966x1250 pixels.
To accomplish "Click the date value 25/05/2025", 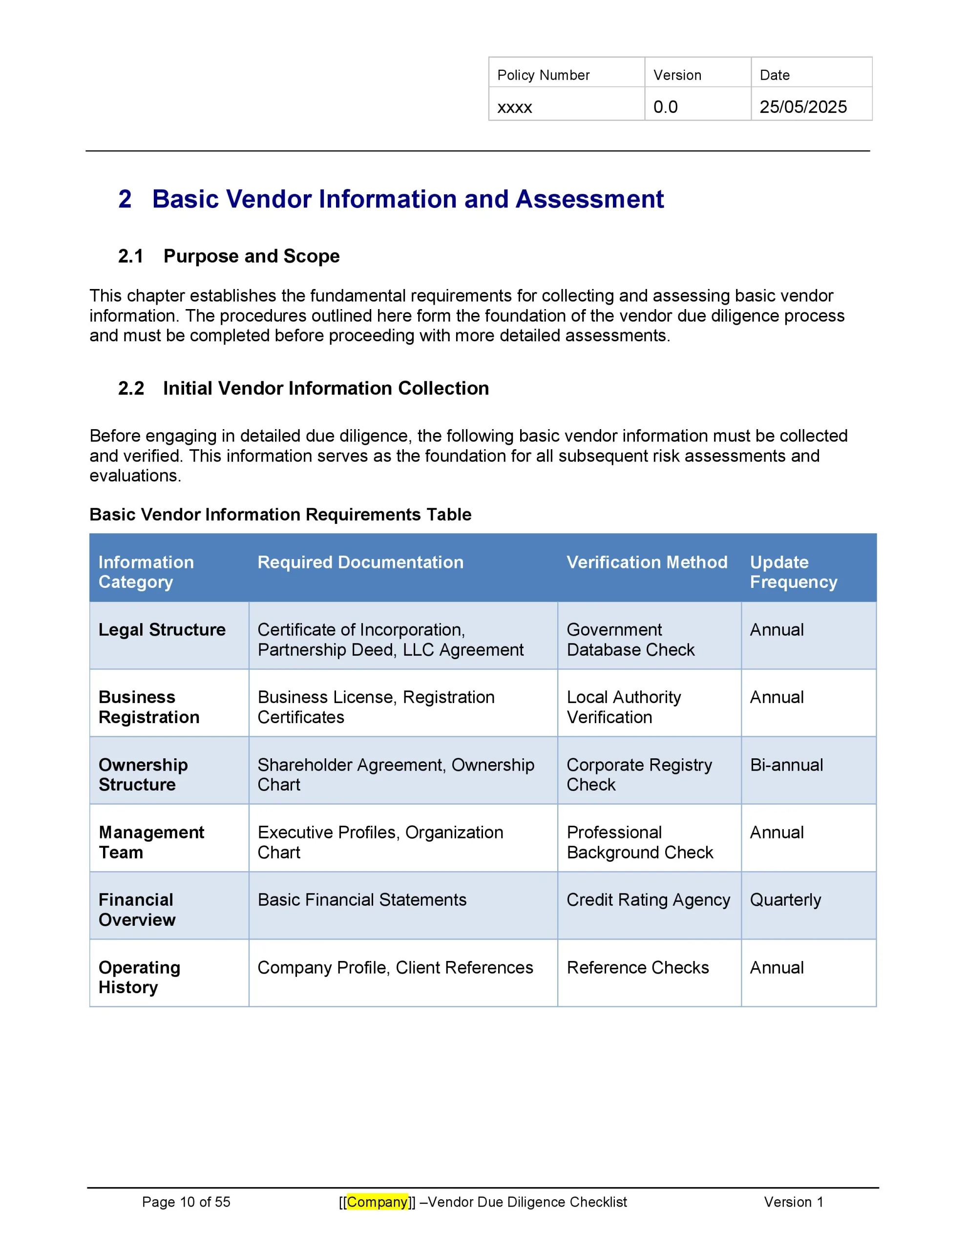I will click(x=803, y=107).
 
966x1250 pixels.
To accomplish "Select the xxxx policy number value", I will click(x=514, y=107).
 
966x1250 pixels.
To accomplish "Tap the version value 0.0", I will click(x=665, y=107).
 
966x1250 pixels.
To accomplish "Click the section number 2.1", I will click(x=130, y=256).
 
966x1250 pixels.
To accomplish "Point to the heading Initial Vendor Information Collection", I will click(x=326, y=388).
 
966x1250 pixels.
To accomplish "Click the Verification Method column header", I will click(x=647, y=562).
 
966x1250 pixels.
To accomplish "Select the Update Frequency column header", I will click(x=793, y=572).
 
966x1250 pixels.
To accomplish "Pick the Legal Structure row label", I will click(x=162, y=629).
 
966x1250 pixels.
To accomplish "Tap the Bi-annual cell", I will click(x=786, y=765).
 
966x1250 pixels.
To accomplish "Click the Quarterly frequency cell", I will click(x=785, y=900).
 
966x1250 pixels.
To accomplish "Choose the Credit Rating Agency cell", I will click(x=648, y=900).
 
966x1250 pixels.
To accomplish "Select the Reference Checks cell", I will click(x=637, y=967).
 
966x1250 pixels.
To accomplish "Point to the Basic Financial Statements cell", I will click(x=362, y=900).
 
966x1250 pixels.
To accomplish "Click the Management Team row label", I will click(x=151, y=842).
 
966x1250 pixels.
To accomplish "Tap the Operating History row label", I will click(x=139, y=977).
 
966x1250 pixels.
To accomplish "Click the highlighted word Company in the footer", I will click(x=377, y=1202).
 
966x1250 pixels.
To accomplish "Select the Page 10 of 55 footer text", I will click(x=186, y=1202).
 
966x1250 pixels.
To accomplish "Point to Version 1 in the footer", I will click(x=793, y=1202).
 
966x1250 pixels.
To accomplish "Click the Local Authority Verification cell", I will click(x=624, y=707).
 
